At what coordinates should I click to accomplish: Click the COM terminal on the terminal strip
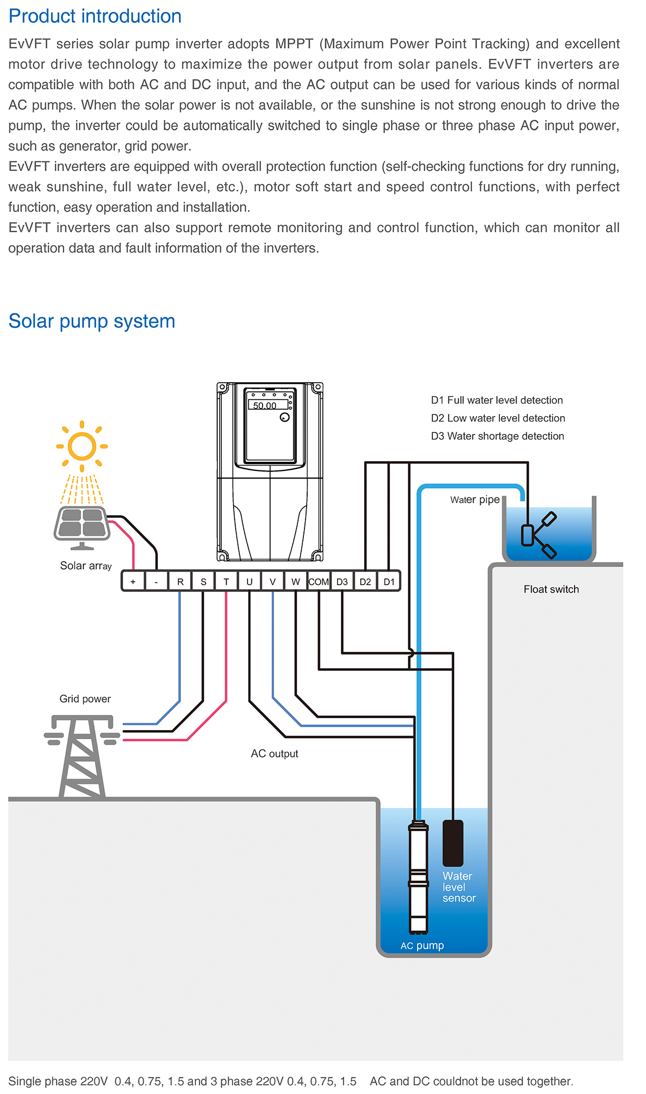tap(318, 582)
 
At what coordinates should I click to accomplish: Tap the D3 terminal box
tap(342, 582)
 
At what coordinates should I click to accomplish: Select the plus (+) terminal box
tap(133, 582)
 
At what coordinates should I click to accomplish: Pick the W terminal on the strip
tap(295, 582)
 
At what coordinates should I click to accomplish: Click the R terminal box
tap(180, 582)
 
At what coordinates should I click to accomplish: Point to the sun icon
tap(82, 446)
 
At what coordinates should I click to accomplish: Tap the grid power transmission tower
tap(82, 755)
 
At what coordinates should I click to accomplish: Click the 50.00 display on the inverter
tap(265, 405)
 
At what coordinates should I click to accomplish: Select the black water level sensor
tap(453, 842)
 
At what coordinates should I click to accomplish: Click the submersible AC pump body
tap(418, 876)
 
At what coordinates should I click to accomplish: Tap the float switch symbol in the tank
tap(539, 534)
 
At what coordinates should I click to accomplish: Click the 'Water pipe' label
tap(475, 500)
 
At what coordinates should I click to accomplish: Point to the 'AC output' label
tap(274, 754)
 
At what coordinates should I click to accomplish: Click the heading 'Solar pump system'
tap(92, 321)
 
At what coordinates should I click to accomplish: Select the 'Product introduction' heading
tap(95, 16)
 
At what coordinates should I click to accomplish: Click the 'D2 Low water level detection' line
tap(498, 418)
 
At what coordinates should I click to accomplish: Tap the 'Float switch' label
tap(551, 589)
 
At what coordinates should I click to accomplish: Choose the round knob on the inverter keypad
tap(285, 417)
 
